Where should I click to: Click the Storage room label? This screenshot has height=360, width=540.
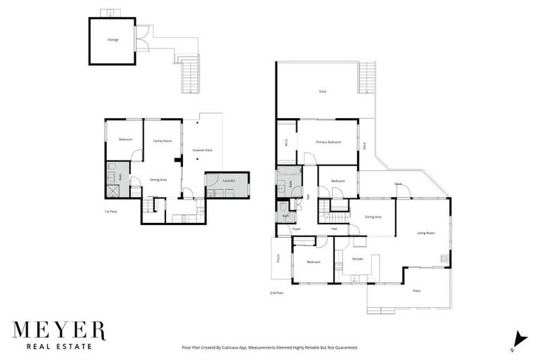pos(113,39)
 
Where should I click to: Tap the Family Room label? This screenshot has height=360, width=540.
pos(162,141)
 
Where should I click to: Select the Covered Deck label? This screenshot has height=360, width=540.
pos(202,150)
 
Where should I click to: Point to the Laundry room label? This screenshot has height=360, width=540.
pos(228,181)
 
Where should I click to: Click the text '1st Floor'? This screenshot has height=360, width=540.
pos(111,211)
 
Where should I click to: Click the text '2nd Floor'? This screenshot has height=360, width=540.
pos(276,292)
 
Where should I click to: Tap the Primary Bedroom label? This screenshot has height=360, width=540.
pos(328,143)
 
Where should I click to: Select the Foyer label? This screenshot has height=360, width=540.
pos(296,229)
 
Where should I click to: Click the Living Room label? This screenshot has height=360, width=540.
pos(426,233)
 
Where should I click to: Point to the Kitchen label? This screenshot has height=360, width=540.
pos(357,259)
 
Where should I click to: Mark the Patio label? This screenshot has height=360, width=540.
pos(416,290)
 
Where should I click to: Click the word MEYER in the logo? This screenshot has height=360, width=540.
pos(59,331)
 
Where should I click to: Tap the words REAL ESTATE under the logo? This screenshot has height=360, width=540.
pos(58,346)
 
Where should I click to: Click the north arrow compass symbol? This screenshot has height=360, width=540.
pos(519,338)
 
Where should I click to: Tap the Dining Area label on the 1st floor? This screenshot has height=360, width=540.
pos(158,179)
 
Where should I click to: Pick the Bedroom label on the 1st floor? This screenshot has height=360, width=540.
pos(125,139)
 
